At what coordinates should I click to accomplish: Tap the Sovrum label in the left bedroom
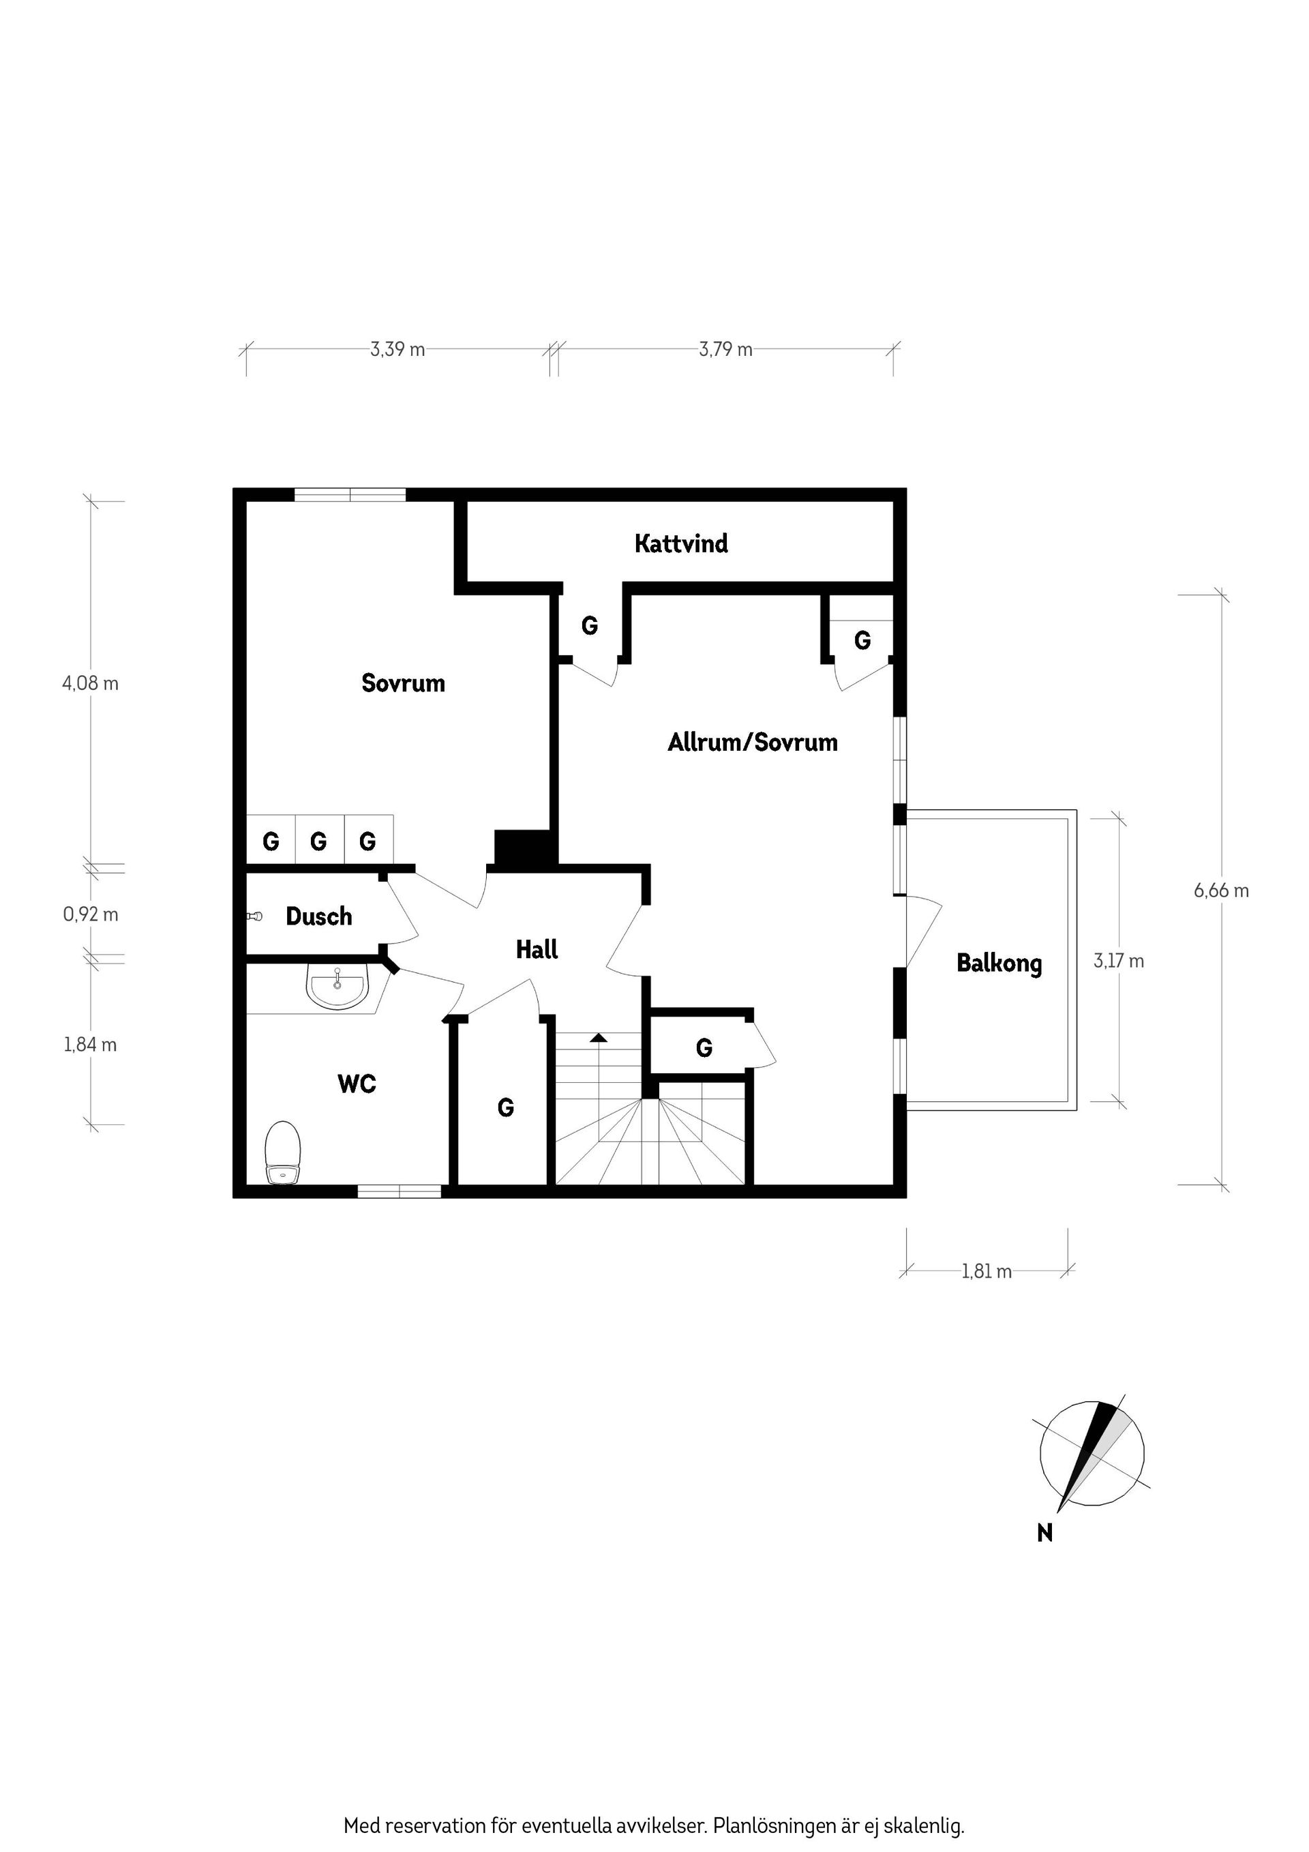pyautogui.click(x=403, y=683)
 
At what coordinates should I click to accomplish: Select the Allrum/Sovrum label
pyautogui.click(x=753, y=742)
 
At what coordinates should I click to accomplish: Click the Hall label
pyautogui.click(x=537, y=949)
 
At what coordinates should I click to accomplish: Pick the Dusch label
pyautogui.click(x=318, y=916)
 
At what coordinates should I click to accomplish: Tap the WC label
pyautogui.click(x=357, y=1084)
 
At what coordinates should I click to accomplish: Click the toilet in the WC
pyautogui.click(x=283, y=1152)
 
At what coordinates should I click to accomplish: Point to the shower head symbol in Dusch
pyautogui.click(x=255, y=916)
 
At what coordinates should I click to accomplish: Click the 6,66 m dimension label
pyautogui.click(x=1221, y=891)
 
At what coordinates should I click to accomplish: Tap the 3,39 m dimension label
pyautogui.click(x=397, y=349)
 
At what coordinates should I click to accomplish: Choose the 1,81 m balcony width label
pyautogui.click(x=987, y=1271)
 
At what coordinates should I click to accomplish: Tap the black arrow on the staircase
pyautogui.click(x=598, y=1037)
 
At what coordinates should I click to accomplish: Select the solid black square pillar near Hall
pyautogui.click(x=525, y=848)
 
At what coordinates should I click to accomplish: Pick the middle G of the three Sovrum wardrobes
pyautogui.click(x=318, y=841)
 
